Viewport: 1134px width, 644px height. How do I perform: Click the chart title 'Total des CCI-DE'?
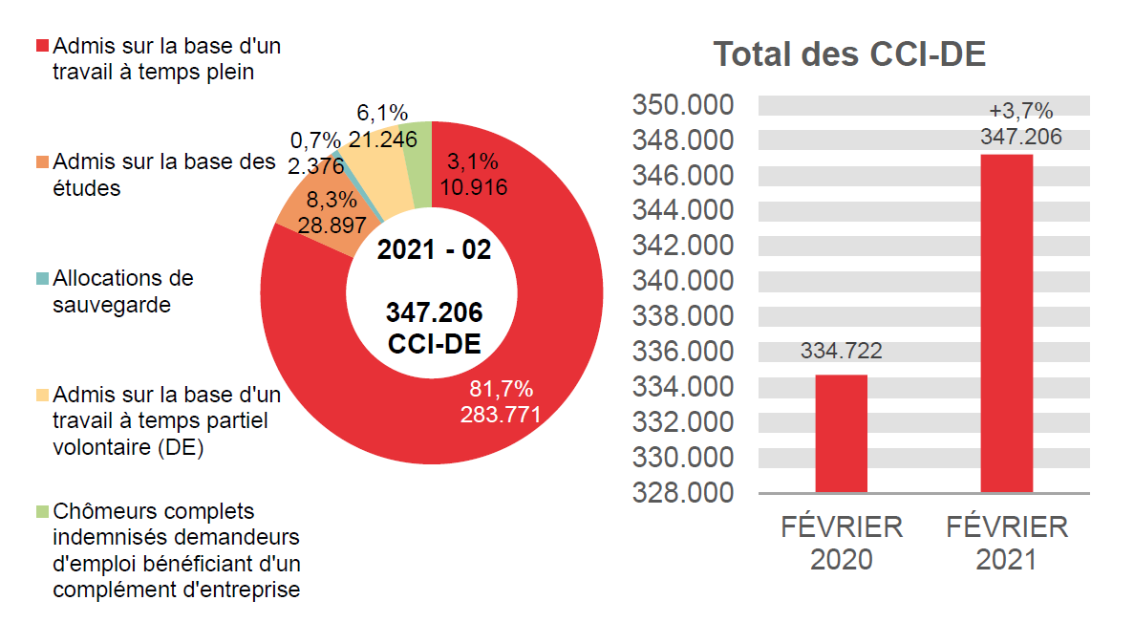[849, 54]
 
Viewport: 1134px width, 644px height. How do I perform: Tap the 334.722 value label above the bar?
[841, 351]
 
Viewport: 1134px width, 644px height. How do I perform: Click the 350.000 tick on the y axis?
[681, 104]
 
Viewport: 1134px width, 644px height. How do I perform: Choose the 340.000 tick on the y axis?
[681, 281]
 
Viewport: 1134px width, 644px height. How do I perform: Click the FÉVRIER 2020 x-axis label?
[841, 542]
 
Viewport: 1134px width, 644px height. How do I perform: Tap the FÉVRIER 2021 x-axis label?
[1007, 542]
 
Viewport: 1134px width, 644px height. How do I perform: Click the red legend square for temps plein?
[42, 47]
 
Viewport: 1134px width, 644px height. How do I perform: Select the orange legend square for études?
[42, 162]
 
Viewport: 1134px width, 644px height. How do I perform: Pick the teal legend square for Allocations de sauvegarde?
[42, 279]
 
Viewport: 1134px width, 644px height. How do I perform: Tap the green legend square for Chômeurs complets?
[42, 512]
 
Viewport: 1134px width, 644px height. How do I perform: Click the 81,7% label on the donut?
[501, 389]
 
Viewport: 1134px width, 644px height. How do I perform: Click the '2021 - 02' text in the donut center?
[434, 250]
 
